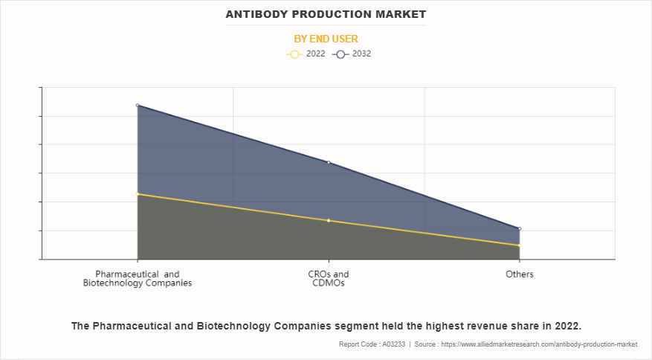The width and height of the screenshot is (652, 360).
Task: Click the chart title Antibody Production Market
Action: click(326, 14)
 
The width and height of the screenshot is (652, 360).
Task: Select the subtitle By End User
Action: click(326, 39)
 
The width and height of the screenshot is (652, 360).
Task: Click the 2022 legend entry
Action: click(306, 54)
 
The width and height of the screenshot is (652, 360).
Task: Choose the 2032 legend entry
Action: click(352, 54)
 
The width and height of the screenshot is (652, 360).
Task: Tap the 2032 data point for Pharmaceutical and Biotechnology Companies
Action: click(138, 106)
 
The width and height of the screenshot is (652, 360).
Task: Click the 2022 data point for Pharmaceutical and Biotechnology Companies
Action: click(138, 194)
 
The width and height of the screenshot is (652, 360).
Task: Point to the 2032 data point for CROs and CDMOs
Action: click(329, 162)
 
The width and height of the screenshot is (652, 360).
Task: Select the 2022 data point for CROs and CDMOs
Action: click(329, 220)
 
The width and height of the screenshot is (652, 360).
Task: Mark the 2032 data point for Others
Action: click(520, 229)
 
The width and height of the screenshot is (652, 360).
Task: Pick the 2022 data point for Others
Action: click(520, 245)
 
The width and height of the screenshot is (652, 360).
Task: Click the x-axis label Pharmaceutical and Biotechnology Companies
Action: click(138, 278)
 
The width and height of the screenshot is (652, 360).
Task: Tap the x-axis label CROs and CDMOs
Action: click(329, 278)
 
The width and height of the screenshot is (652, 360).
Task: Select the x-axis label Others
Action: click(520, 274)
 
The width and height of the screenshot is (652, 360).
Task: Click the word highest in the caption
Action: click(453, 326)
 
